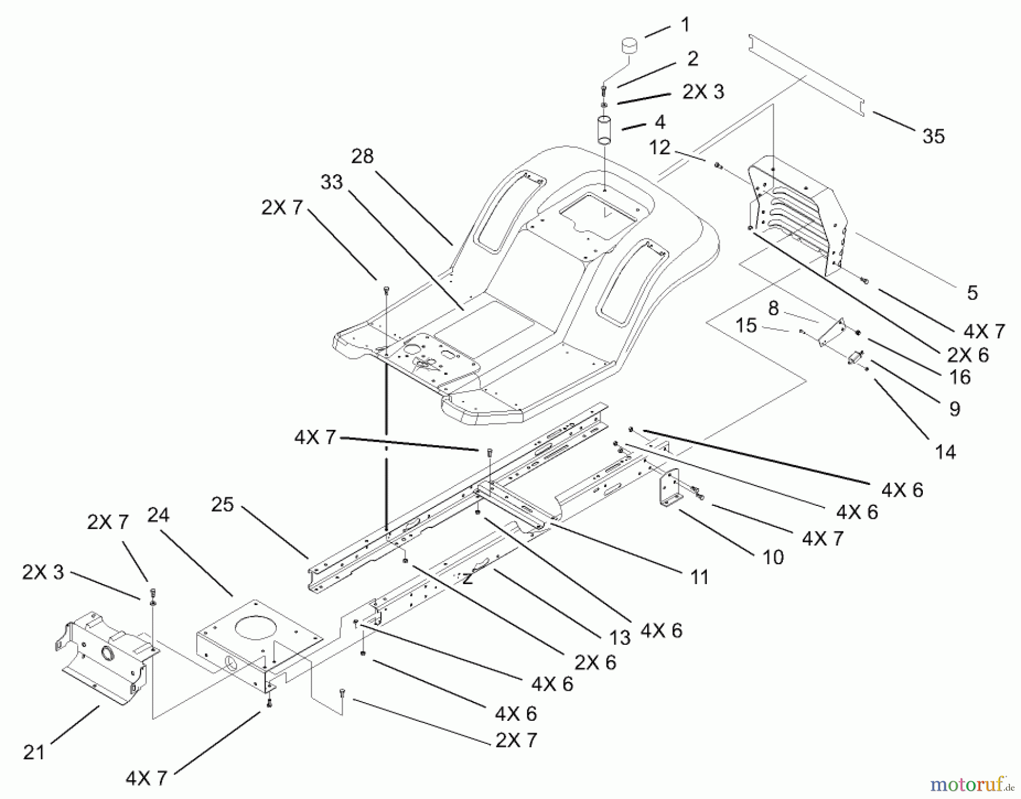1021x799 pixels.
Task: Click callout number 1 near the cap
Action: pyautogui.click(x=686, y=25)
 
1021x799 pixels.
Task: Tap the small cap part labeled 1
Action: pyautogui.click(x=628, y=45)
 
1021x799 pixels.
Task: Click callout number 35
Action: pyautogui.click(x=933, y=136)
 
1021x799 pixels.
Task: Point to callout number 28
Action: pyautogui.click(x=362, y=156)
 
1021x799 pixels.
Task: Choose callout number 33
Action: pyautogui.click(x=332, y=182)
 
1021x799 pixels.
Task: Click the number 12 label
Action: pyautogui.click(x=659, y=147)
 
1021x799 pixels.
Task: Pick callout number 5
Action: pyautogui.click(x=972, y=293)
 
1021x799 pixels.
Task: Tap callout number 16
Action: pyautogui.click(x=960, y=377)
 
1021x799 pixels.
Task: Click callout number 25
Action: pyautogui.click(x=222, y=504)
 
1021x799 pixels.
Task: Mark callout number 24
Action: pyautogui.click(x=158, y=515)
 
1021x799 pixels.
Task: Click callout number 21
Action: pyautogui.click(x=33, y=753)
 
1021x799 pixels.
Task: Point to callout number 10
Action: pyautogui.click(x=773, y=557)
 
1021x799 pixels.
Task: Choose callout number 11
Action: pyautogui.click(x=699, y=577)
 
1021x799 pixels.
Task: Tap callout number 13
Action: pyautogui.click(x=620, y=638)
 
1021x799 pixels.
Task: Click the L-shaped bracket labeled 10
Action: pyautogui.click(x=669, y=488)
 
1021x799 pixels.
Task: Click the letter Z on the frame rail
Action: pyautogui.click(x=467, y=578)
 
